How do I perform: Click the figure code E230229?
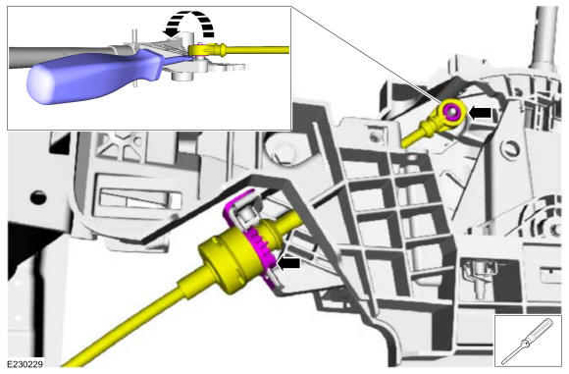(26, 363)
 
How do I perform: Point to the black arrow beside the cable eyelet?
(480, 113)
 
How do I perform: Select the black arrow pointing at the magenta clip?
(288, 263)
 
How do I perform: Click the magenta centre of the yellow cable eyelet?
(452, 111)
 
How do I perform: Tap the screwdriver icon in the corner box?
(529, 342)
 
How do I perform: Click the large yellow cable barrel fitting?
(229, 258)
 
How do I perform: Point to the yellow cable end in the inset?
(204, 50)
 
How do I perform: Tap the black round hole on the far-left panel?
(38, 197)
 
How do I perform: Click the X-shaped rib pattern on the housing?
(122, 145)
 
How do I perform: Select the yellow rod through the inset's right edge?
(258, 50)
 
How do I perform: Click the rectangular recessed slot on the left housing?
(140, 198)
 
